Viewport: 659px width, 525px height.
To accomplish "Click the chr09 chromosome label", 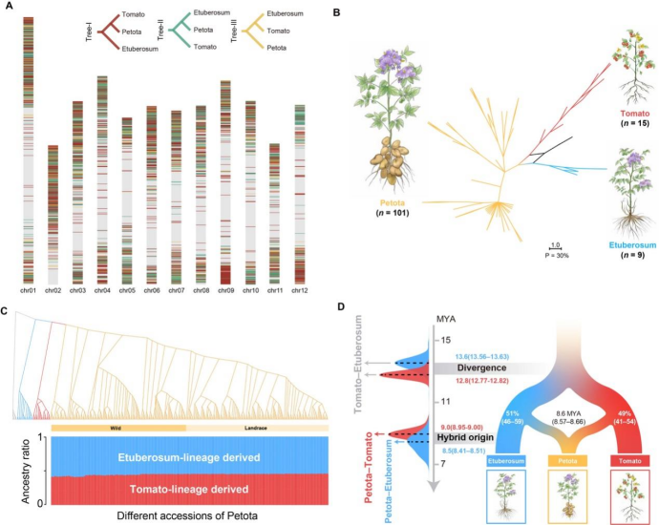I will pos(225,290).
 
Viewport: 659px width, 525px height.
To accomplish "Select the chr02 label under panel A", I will pos(53,290).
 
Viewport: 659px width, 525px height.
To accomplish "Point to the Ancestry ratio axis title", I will pos(15,471).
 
